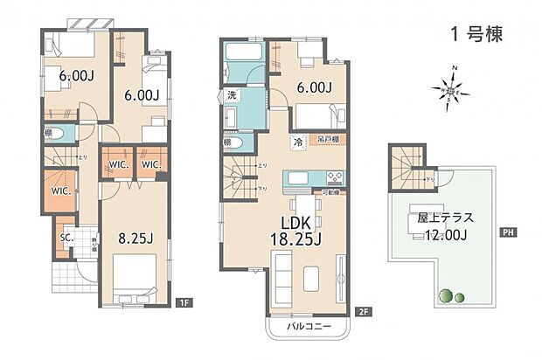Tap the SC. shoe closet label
point(67,235)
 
